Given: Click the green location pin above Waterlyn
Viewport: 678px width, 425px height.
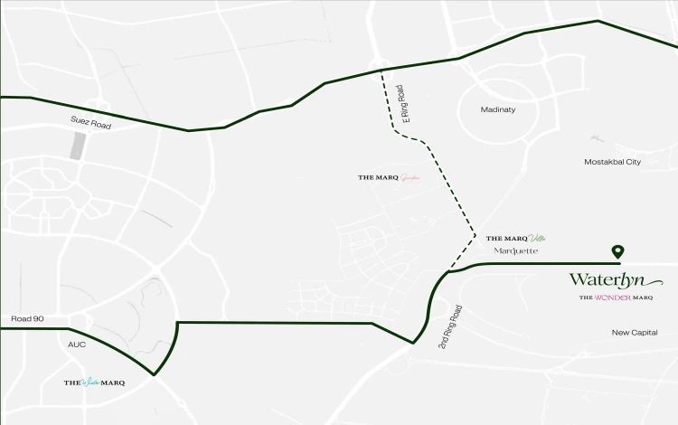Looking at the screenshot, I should pos(617,251).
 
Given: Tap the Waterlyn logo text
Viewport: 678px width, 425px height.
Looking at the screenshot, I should pos(605,279).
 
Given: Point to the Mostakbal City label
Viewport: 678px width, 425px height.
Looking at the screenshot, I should pos(612,162).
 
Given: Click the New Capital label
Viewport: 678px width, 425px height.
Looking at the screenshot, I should pos(634,333).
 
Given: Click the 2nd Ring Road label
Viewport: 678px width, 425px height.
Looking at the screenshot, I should pos(450,326).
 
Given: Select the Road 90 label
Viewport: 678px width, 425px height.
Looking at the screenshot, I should pos(27,319).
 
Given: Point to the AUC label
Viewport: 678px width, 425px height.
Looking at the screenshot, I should pos(76,345).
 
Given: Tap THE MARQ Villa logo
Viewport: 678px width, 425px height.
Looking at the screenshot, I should pos(515,238).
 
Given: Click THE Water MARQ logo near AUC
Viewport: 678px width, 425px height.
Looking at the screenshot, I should pos(94,382).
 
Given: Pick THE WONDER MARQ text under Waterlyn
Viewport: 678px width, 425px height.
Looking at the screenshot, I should pos(615,297).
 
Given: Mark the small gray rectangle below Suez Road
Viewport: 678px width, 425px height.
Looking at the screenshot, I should pos(79,146).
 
